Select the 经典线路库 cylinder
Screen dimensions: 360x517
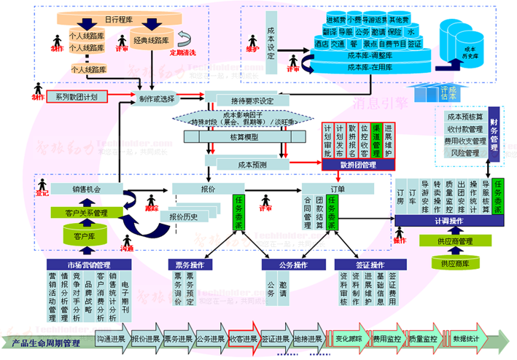tap(152, 42)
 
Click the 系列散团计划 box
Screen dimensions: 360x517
tap(77, 96)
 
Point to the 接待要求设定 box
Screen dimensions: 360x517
tap(246, 101)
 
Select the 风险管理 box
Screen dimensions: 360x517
tap(466, 153)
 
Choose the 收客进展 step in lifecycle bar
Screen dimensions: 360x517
tap(243, 339)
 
